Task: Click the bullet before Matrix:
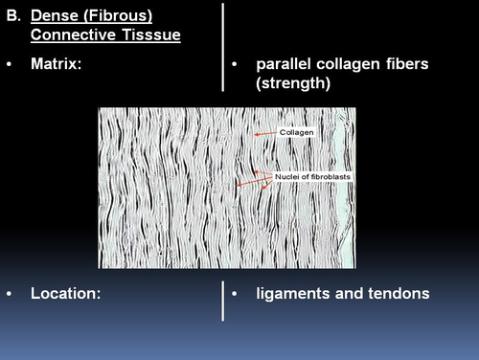10,65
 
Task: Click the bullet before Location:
10,294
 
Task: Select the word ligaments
294,294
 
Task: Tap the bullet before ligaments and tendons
236,294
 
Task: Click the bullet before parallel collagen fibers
236,65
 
